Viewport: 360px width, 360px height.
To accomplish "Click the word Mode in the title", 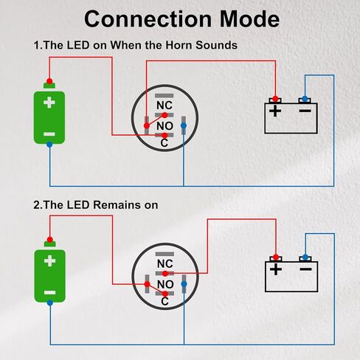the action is tap(249, 19).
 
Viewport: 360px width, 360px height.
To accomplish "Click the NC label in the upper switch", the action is tap(165, 105).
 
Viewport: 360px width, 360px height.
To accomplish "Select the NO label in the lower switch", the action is tap(165, 285).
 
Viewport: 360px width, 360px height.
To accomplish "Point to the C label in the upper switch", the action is tap(164, 143).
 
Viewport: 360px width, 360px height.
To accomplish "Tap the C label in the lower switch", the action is tap(165, 302).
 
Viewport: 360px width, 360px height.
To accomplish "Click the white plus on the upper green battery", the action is tap(49, 103).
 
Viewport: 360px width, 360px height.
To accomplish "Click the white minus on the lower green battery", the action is tap(50, 293).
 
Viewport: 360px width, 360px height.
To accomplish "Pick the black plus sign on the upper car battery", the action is tap(275, 111).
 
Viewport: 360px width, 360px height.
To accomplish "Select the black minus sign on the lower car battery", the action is tap(305, 269).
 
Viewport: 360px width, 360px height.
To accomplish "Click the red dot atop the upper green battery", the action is tap(49, 81).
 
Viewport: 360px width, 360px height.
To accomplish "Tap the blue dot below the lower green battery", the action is tap(50, 302).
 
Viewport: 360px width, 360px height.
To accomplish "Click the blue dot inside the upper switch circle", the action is tap(184, 125).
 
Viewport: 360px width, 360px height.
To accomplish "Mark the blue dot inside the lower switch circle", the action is tap(184, 284).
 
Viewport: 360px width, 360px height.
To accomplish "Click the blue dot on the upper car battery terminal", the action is tap(305, 99).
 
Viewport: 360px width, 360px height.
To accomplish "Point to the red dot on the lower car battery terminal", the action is tap(276, 257).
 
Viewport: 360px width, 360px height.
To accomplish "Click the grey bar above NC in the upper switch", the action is tap(165, 96).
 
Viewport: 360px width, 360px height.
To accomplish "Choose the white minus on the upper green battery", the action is tap(49, 134).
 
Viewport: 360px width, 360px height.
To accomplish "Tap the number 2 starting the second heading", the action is tap(36, 205).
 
